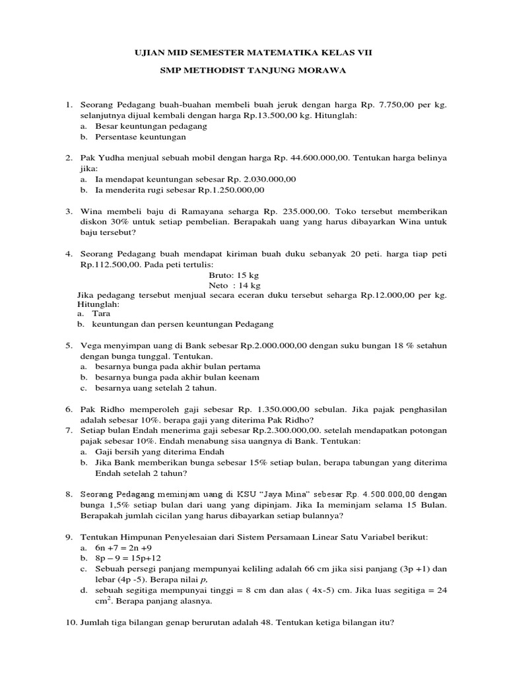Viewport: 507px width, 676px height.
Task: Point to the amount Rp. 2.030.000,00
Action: click(x=261, y=179)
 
